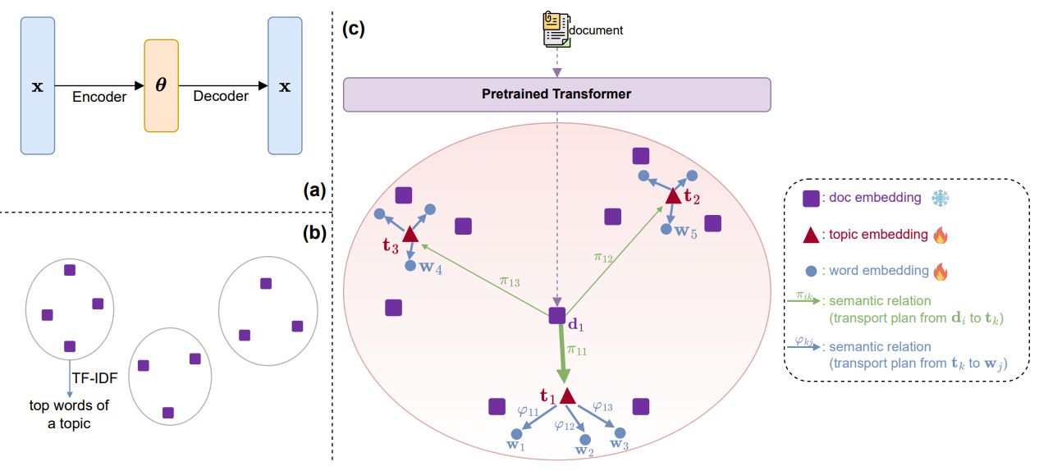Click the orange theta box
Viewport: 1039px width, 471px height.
161,85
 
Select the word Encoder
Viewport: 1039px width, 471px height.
99,97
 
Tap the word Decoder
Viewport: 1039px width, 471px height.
221,97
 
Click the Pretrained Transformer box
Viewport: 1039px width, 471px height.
556,94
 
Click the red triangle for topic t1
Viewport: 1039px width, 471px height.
567,396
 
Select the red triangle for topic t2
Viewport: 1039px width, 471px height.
673,195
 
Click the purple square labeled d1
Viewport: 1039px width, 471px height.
557,315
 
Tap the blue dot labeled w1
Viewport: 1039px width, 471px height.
516,434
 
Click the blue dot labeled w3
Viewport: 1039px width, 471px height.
620,433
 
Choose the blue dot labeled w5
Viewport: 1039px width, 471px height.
669,230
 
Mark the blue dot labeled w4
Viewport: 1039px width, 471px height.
410,265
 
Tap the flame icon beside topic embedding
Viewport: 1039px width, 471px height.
941,235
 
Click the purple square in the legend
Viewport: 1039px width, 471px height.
810,199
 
